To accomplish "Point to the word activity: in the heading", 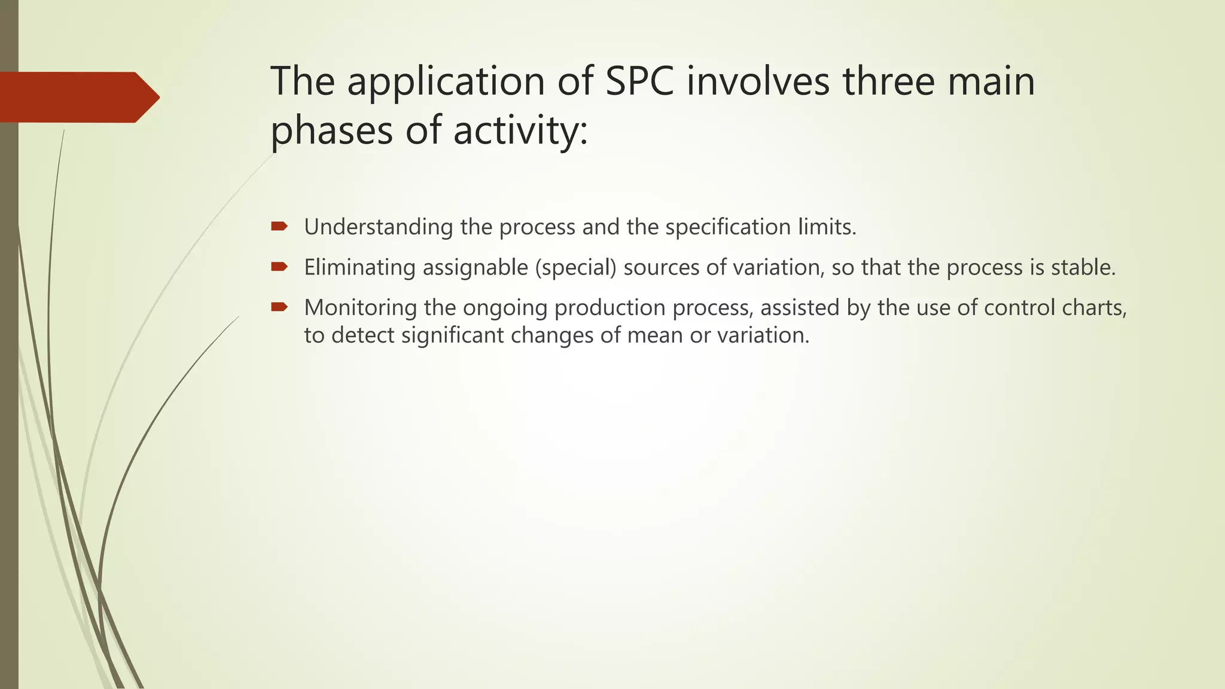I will pyautogui.click(x=520, y=130).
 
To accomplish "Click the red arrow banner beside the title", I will pyautogui.click(x=78, y=97).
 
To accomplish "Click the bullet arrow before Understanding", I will pyautogui.click(x=279, y=226).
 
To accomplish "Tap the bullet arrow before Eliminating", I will pyautogui.click(x=279, y=267).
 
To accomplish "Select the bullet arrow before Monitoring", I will pyautogui.click(x=279, y=307).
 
